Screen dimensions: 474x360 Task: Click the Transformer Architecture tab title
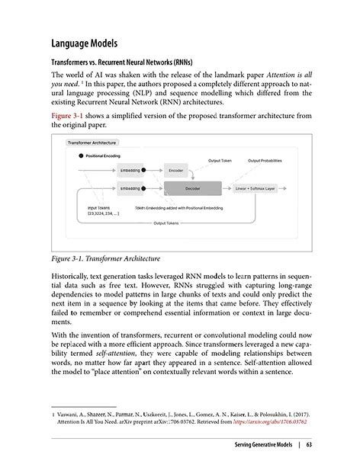[93, 143]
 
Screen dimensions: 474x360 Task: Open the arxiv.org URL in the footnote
[271, 420]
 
